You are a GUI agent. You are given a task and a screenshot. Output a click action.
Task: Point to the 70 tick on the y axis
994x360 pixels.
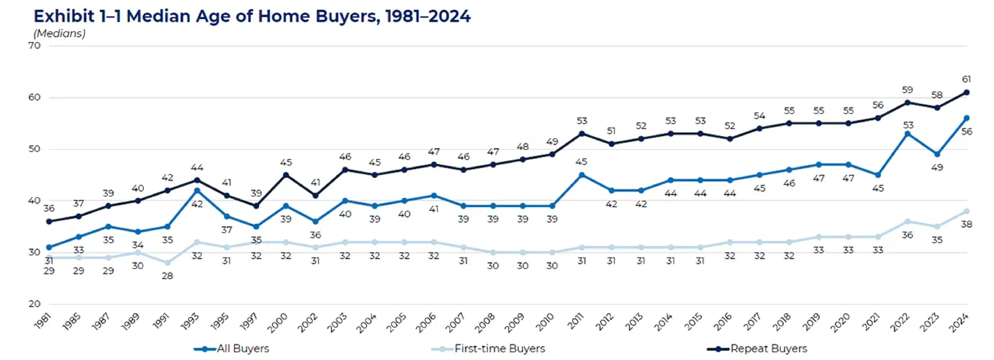(34, 45)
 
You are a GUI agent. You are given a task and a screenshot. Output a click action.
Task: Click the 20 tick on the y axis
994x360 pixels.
(34, 304)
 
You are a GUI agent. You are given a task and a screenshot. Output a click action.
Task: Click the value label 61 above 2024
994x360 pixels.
(966, 79)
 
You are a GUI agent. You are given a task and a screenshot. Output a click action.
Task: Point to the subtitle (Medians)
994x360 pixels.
(59, 34)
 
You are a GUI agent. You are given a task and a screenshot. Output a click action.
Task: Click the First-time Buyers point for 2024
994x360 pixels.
(966, 211)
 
